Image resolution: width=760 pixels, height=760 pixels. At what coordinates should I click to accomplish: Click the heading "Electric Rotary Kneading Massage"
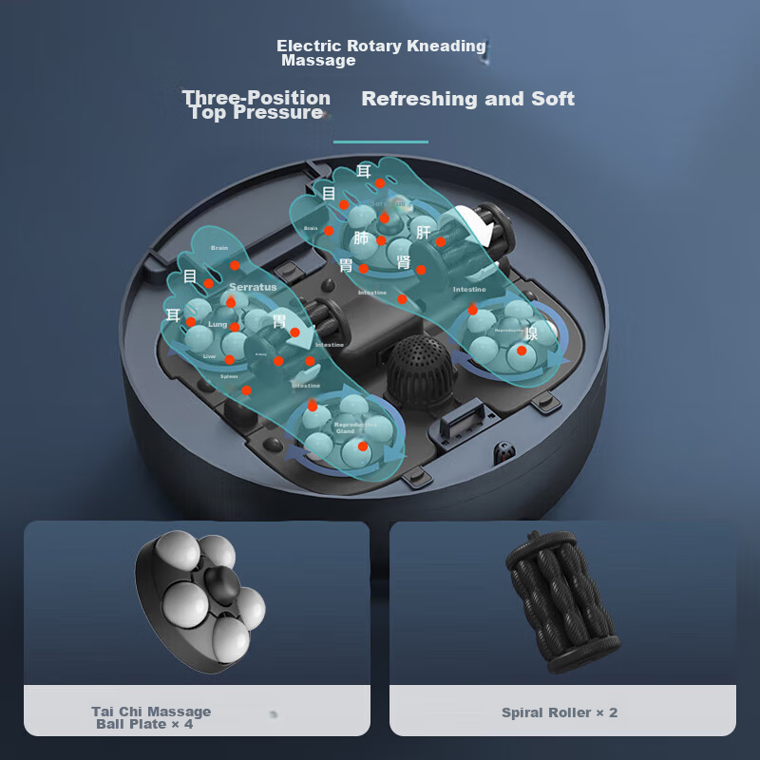coord(380,53)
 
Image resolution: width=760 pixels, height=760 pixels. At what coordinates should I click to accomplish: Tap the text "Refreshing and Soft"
coord(467,99)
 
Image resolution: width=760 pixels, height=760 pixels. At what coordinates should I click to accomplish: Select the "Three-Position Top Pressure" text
coord(256,104)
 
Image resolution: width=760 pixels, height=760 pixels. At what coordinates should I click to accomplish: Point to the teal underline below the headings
coord(380,142)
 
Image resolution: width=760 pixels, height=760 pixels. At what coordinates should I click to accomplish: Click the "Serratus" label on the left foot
coord(253,287)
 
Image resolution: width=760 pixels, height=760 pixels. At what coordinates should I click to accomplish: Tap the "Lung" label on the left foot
coord(218,325)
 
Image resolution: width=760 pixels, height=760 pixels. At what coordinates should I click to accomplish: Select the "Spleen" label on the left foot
coord(229,376)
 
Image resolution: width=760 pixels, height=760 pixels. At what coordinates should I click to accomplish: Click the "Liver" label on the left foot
coord(209,356)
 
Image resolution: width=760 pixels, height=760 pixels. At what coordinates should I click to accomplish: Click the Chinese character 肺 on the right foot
coord(361,237)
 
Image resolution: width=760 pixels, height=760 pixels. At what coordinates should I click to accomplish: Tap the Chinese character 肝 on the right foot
coord(424,232)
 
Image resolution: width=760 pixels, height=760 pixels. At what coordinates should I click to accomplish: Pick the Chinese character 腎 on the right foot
coord(404,262)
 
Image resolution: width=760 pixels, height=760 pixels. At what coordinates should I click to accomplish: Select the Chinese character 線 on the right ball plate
coord(531,332)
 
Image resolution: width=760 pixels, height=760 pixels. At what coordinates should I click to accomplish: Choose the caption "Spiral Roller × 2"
coord(560,712)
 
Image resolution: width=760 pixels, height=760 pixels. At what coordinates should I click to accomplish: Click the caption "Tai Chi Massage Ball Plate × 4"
coord(151,717)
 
